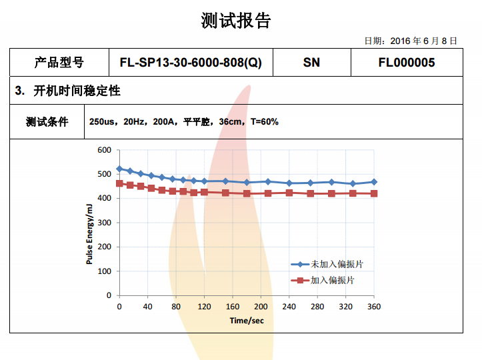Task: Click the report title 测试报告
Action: click(236, 21)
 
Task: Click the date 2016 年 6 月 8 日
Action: click(411, 41)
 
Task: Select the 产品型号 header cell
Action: click(59, 63)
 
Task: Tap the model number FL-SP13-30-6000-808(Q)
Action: click(191, 63)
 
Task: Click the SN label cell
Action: click(311, 63)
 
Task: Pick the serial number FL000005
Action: click(406, 63)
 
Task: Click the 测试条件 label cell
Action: click(47, 121)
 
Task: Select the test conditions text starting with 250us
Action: click(183, 122)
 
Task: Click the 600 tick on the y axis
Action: click(103, 150)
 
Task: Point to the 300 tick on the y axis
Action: click(103, 223)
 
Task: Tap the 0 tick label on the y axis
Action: click(109, 295)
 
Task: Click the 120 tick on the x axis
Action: click(204, 307)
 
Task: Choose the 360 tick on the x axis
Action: click(373, 307)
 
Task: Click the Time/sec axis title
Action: click(247, 320)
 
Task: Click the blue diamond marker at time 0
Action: click(119, 169)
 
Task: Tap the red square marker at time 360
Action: click(373, 193)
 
